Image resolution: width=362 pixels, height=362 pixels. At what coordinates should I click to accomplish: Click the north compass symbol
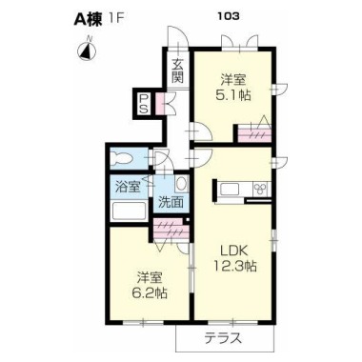pyautogui.click(x=87, y=50)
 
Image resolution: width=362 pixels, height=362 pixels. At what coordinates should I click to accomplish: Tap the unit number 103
pyautogui.click(x=229, y=16)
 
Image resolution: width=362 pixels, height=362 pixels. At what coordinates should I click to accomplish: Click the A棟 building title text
pyautogui.click(x=88, y=19)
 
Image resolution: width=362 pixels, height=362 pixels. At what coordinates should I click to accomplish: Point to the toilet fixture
pyautogui.click(x=122, y=158)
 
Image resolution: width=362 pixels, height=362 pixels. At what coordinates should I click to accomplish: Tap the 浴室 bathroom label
pyautogui.click(x=128, y=187)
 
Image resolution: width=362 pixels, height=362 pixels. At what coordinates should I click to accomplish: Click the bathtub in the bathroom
pyautogui.click(x=130, y=211)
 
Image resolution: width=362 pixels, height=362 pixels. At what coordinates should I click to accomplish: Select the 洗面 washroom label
pyautogui.click(x=171, y=202)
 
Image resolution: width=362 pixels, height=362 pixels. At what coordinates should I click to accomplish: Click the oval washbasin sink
pyautogui.click(x=182, y=184)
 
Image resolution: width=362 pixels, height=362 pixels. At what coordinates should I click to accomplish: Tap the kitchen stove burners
pyautogui.click(x=261, y=189)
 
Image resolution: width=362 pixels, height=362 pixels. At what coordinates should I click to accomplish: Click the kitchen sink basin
pyautogui.click(x=230, y=190)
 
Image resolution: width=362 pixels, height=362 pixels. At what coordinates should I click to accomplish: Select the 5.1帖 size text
pyautogui.click(x=233, y=95)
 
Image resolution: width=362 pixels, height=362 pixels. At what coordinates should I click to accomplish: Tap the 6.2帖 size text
pyautogui.click(x=150, y=292)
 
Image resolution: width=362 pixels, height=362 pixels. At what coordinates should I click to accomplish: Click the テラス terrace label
pyautogui.click(x=223, y=337)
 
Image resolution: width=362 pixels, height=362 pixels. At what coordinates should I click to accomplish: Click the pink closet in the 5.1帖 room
pyautogui.click(x=254, y=134)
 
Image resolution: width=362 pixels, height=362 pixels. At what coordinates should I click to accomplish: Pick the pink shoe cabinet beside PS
pyautogui.click(x=159, y=104)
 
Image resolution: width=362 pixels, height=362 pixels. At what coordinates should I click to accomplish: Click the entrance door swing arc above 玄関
pyautogui.click(x=179, y=35)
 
